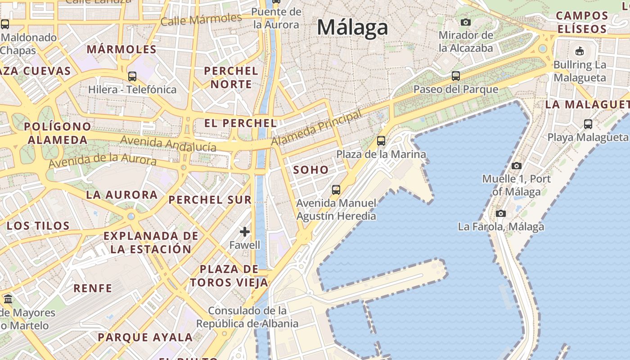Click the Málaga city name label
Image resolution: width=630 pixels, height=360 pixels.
coord(352,27)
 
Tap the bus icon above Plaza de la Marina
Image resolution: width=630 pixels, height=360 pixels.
coord(381,141)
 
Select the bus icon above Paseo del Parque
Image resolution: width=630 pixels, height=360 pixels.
coord(456,76)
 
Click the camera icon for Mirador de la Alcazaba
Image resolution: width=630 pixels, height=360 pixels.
coord(466,22)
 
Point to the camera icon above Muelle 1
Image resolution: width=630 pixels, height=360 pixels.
coord(517,166)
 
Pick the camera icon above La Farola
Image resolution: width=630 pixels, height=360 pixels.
coord(500,213)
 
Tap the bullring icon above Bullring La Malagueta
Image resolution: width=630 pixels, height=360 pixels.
coord(580,51)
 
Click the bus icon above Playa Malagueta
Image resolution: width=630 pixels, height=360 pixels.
coord(588,124)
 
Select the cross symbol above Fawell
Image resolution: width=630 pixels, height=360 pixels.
coord(245,232)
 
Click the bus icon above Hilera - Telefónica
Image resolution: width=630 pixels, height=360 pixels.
coord(132,76)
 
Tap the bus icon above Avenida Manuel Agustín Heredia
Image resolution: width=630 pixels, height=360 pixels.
coord(336,189)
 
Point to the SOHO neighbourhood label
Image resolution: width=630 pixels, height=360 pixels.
coord(311,170)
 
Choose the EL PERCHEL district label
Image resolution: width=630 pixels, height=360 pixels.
coord(240,123)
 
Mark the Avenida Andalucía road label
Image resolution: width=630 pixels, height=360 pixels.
coord(168,144)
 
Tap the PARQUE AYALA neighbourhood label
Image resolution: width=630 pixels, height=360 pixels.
coord(145,337)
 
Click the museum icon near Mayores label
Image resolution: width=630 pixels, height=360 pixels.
coord(8,299)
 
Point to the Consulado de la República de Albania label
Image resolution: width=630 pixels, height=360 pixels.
coord(247,317)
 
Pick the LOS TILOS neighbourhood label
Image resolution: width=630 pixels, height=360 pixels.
coord(38,225)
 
